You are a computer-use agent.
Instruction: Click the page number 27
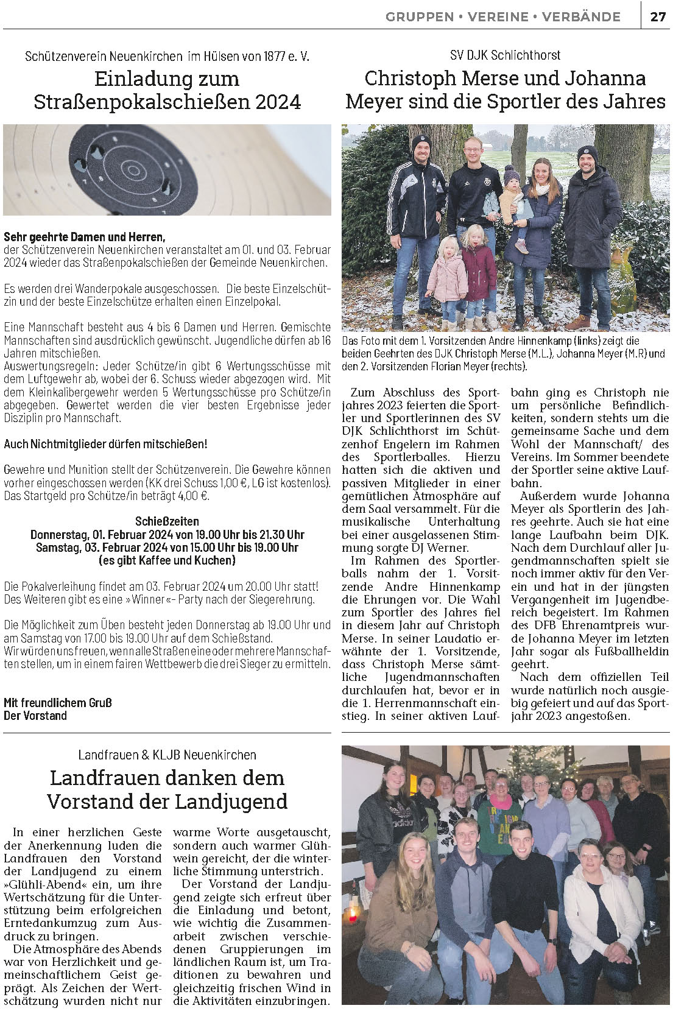(658, 16)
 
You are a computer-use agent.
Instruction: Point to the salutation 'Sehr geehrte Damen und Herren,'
(85, 236)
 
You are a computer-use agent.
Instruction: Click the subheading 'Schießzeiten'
(167, 521)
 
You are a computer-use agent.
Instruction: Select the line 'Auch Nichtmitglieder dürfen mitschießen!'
(105, 444)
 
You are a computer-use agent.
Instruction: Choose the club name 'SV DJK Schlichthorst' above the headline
(505, 55)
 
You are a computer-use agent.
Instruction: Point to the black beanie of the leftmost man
(421, 144)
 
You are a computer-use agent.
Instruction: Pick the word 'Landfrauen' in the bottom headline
(106, 778)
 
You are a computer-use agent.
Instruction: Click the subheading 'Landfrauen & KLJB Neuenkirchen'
(167, 755)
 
